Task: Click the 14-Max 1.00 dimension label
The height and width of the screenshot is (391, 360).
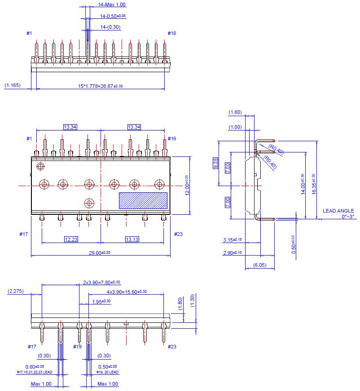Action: pos(112,4)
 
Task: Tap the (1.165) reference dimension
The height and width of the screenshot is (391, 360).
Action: pos(12,85)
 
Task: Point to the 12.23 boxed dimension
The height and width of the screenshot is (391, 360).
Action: pos(71,239)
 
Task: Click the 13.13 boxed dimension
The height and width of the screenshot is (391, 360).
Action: pos(132,239)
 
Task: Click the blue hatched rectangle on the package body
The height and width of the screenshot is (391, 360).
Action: pos(143,200)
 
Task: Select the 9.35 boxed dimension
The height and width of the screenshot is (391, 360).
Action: pos(215,163)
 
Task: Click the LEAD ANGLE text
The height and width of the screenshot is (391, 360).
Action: pos(338,211)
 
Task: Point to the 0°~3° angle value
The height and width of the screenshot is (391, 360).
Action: pos(348,217)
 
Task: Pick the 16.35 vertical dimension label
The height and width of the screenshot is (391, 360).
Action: pos(313,184)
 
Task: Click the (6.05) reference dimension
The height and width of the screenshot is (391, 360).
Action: pos(259,265)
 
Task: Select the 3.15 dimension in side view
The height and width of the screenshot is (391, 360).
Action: pos(232,240)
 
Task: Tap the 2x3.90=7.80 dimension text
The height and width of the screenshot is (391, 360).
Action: pos(101,282)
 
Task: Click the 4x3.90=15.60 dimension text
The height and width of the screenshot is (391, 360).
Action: pos(127,292)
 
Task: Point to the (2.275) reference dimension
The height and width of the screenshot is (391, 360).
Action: pos(16,291)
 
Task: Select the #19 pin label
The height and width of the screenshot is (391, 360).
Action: pos(78,347)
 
